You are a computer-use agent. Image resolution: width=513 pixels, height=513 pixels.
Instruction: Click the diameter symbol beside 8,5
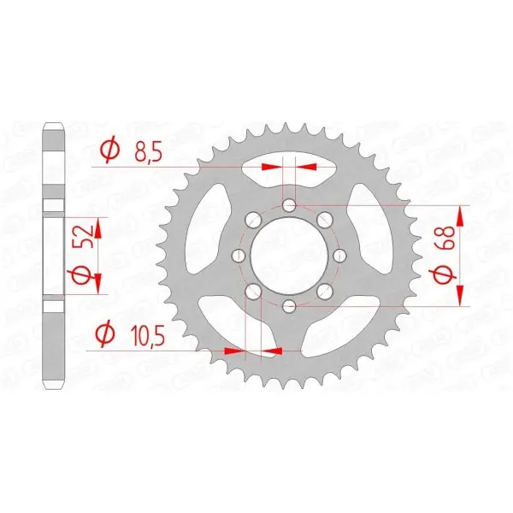point(109,151)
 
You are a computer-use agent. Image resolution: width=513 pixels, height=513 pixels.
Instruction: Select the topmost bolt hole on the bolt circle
point(290,205)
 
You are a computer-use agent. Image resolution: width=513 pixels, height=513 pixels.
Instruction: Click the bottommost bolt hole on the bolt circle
point(290,306)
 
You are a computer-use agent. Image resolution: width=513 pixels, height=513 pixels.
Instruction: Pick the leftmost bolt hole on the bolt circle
point(239,256)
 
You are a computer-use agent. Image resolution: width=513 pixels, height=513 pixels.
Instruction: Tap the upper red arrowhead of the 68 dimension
point(463,215)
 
